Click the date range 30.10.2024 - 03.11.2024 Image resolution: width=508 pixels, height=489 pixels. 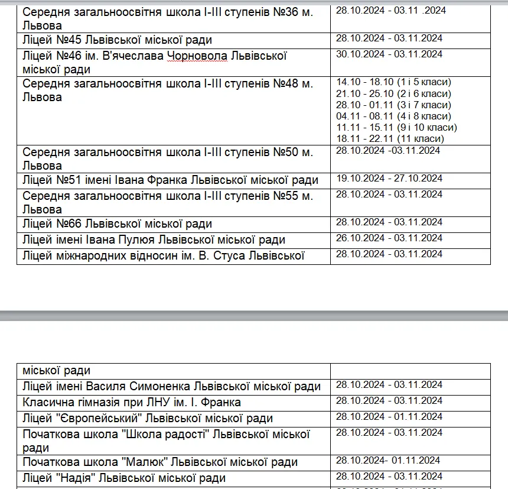click(x=389, y=54)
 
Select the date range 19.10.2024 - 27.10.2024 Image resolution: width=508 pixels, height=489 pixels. click(x=389, y=179)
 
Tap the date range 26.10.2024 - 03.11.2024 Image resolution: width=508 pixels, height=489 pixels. click(x=389, y=238)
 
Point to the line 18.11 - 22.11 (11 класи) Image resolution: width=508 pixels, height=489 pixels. click(x=390, y=139)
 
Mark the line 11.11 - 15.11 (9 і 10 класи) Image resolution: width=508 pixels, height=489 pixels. click(x=396, y=128)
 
